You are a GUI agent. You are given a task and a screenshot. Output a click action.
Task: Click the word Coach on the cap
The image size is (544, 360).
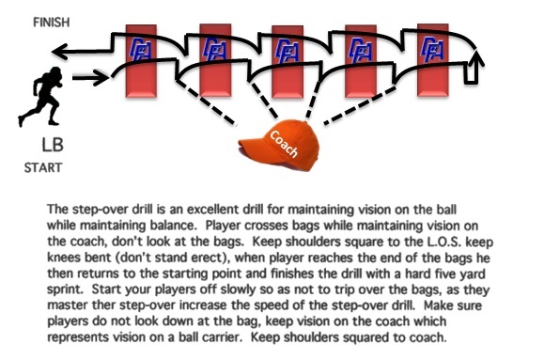(286, 141)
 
